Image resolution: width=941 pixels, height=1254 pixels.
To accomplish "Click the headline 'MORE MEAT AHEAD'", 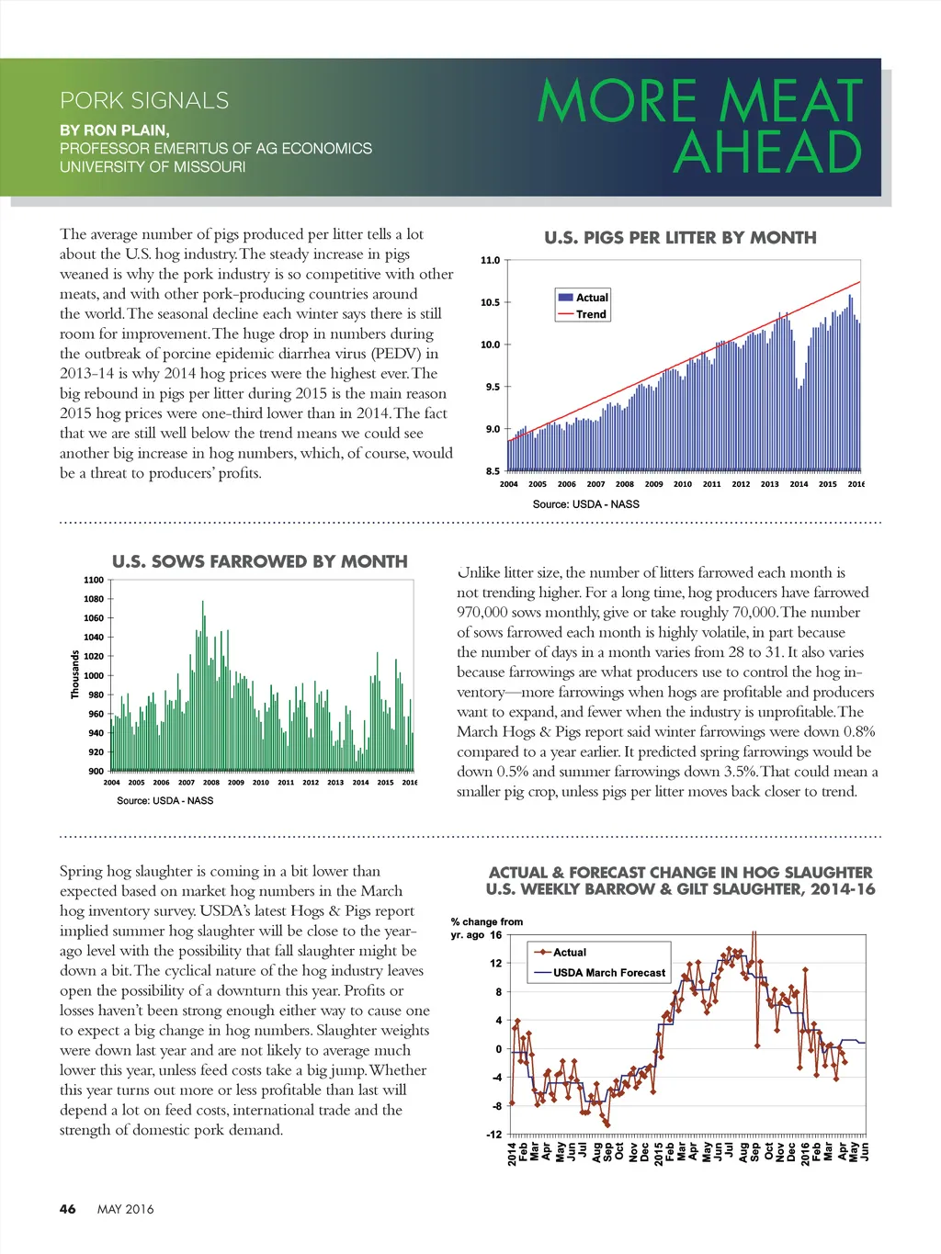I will point(700,126).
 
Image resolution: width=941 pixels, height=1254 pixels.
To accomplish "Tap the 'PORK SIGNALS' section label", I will point(144,100).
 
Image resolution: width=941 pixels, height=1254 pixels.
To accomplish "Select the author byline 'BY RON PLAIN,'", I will point(115,130).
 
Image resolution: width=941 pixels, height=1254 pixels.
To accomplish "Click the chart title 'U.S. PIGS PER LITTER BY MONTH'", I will point(680,238).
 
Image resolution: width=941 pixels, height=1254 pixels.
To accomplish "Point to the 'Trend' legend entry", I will point(591,314).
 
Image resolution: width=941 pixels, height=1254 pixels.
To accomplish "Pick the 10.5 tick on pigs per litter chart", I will point(491,302).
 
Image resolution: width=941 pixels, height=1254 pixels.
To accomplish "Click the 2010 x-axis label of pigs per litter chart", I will point(683,484).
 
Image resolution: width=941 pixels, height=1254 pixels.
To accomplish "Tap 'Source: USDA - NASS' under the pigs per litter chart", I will point(585,504).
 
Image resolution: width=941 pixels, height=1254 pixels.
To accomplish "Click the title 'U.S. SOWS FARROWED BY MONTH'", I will point(260,561).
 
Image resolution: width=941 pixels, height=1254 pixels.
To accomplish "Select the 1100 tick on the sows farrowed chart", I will point(94,580).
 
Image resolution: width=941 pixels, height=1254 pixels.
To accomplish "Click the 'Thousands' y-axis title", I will point(75,674).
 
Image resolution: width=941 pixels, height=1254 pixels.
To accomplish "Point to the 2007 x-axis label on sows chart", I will point(187,783).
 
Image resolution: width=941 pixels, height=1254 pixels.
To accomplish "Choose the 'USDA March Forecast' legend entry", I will point(609,973).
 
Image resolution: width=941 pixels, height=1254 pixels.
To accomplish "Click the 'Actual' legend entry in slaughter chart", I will point(570,953).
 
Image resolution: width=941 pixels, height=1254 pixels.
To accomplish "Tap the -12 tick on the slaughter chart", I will point(494,1135).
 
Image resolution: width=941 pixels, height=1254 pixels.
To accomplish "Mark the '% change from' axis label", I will point(487,921).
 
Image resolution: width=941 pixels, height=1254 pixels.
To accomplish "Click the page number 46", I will point(68,1209).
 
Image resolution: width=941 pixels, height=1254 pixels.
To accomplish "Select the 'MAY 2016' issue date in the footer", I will point(126,1209).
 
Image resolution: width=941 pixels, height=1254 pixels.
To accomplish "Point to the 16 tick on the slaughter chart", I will point(496,935).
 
